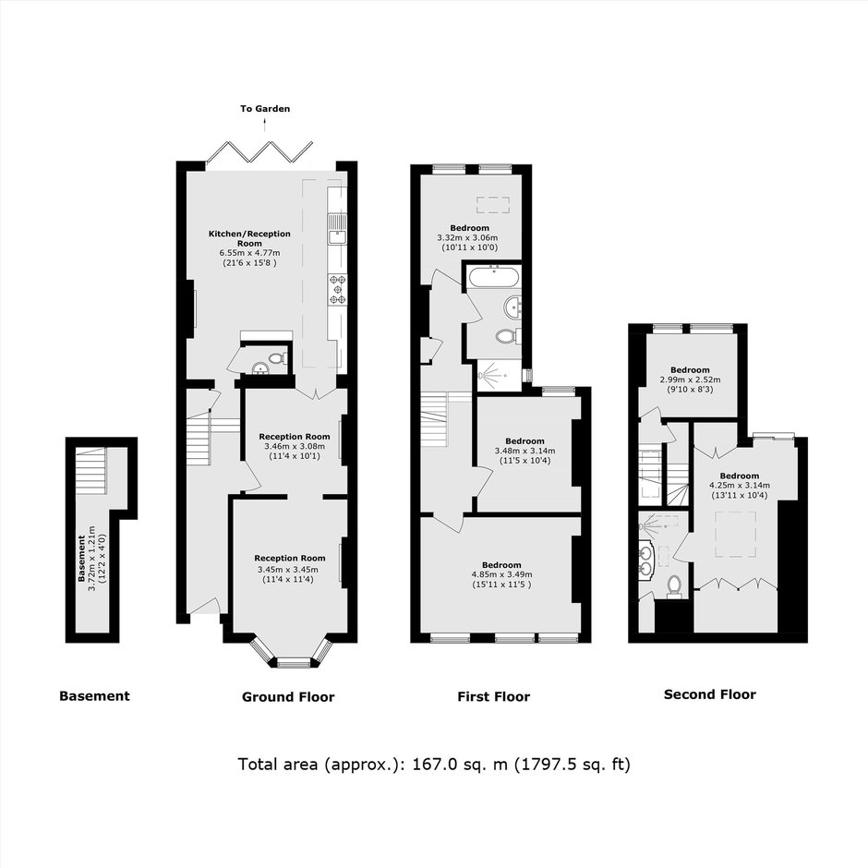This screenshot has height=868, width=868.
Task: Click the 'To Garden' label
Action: pos(265,109)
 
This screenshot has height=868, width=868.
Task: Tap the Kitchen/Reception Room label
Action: pos(249,238)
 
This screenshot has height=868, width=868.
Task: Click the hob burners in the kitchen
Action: pos(337,289)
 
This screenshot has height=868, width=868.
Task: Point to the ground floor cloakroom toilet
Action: pos(279,358)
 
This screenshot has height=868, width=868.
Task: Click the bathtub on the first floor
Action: pos(494,276)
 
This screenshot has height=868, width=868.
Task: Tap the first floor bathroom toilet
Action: pos(508,336)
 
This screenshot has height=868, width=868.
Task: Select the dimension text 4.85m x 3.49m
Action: pos(501,574)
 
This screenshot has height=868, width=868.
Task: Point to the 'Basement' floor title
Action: pos(94,696)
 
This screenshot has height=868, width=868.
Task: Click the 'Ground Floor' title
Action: pos(288,697)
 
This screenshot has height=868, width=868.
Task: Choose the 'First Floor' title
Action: pos(493,696)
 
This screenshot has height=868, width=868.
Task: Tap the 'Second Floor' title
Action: pos(710,694)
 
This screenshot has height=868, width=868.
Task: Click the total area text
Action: pos(434,765)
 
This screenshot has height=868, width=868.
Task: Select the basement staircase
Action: pos(90,471)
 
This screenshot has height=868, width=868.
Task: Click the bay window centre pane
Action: pos(294,663)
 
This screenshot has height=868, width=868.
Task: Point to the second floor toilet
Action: pos(674,586)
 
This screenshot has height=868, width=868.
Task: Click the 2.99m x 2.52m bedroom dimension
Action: pos(690,380)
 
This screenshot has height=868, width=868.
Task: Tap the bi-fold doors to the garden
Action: pos(259,151)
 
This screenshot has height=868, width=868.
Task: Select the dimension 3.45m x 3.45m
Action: pos(288,570)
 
